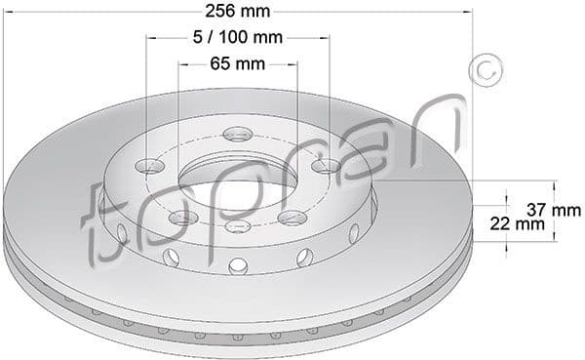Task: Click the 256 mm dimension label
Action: pos(237,12)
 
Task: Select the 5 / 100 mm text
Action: pos(237,38)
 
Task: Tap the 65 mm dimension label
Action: pos(237,64)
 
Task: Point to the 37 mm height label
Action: pos(553,210)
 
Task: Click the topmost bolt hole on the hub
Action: pos(235,135)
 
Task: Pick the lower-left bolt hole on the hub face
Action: pos(180,219)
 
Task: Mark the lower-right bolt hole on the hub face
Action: pos(290,217)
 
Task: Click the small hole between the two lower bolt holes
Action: pos(235,227)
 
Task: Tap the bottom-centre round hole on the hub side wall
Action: pos(237,265)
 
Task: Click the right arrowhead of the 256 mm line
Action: pos(467,12)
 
